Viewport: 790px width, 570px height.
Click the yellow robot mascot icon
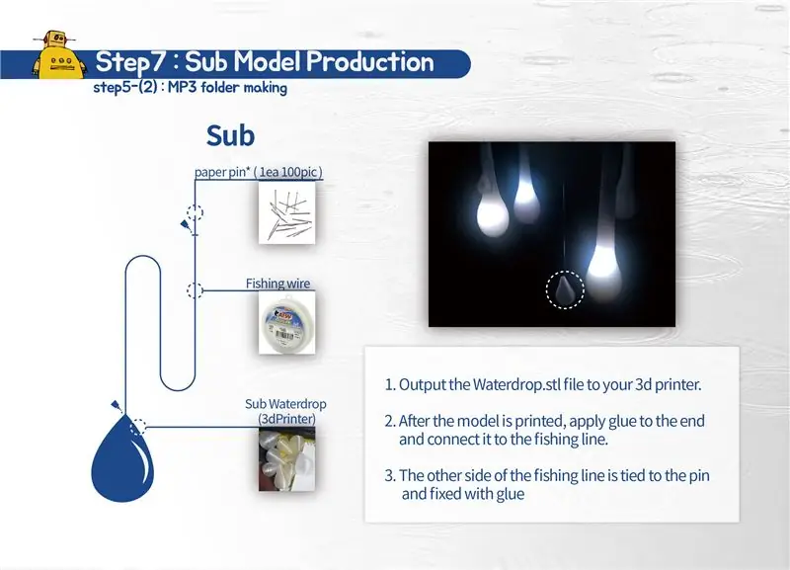(x=57, y=55)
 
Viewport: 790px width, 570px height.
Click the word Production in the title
(x=369, y=62)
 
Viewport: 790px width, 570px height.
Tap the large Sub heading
(x=230, y=135)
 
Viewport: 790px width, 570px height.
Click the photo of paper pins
(x=286, y=212)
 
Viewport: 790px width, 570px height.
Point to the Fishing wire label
(x=277, y=284)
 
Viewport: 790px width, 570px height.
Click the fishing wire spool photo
(x=286, y=323)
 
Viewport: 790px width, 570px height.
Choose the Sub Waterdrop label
(x=285, y=404)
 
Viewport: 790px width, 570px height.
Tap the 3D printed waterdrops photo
(x=286, y=459)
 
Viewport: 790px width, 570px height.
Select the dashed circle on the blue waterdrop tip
(x=137, y=427)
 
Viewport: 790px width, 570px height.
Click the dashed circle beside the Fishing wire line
(x=195, y=290)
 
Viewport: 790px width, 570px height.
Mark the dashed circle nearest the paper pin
(x=195, y=212)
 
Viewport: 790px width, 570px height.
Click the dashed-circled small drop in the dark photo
(x=565, y=289)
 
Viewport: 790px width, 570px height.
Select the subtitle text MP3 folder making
(x=228, y=87)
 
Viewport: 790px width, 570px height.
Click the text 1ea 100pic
(x=288, y=172)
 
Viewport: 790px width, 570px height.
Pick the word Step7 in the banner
(x=130, y=62)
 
